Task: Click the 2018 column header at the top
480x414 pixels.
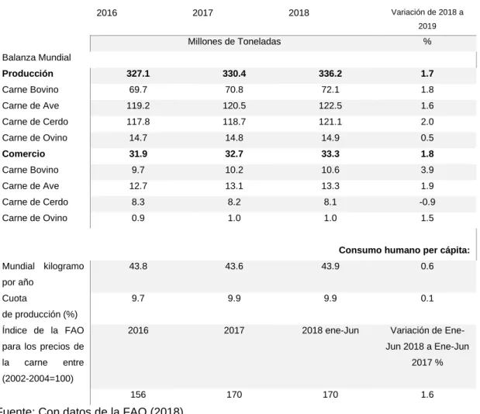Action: [299, 13]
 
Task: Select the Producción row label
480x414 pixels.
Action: [28, 74]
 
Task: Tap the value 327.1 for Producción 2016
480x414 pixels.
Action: [138, 74]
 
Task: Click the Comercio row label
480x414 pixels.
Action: [23, 154]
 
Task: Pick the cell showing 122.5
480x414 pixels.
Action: [330, 106]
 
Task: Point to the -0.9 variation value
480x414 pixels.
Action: [427, 202]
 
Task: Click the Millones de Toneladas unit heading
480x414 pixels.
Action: [234, 42]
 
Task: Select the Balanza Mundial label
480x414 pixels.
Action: [36, 57]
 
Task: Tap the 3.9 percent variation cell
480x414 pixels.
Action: [427, 170]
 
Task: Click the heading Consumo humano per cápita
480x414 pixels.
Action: [404, 250]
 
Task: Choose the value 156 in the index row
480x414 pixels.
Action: [138, 395]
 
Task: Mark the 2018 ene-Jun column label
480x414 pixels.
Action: [330, 330]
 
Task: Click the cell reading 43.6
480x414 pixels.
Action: [234, 266]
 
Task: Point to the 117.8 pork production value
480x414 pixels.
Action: [138, 122]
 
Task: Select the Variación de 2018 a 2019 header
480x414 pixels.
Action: [427, 19]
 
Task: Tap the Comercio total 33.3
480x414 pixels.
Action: [330, 154]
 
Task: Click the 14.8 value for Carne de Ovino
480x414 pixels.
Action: [234, 138]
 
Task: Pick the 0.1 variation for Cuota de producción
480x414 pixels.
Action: [427, 298]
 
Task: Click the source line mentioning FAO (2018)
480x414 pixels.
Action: [91, 410]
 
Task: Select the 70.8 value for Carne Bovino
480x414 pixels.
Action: [234, 90]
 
